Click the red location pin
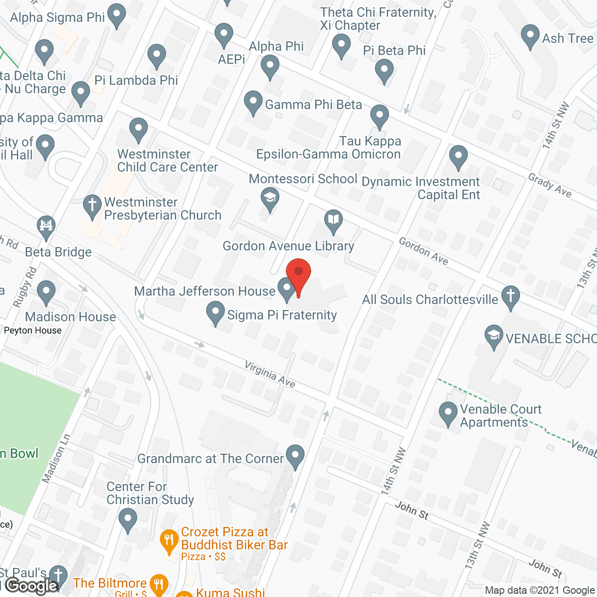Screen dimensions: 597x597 [298, 275]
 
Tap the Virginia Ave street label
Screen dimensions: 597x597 [270, 375]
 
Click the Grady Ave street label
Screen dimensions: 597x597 [550, 185]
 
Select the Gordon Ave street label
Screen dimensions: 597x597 [423, 251]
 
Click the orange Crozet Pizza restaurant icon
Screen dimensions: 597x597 [169, 540]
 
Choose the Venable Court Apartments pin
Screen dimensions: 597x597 [448, 412]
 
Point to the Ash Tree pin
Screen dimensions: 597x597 [530, 35]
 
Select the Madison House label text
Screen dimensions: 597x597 [70, 317]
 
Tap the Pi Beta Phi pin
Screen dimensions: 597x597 [384, 71]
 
